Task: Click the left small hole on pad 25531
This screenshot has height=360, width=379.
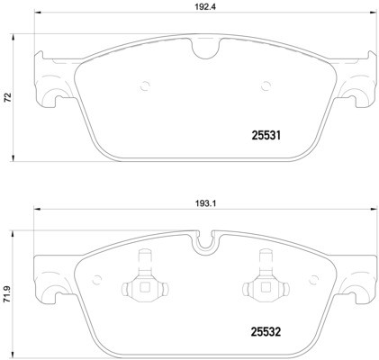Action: tap(144, 87)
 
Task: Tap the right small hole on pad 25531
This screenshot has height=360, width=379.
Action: tap(265, 87)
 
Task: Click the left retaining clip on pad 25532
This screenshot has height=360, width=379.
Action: tap(144, 280)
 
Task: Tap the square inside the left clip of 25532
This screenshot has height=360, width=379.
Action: tap(144, 289)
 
